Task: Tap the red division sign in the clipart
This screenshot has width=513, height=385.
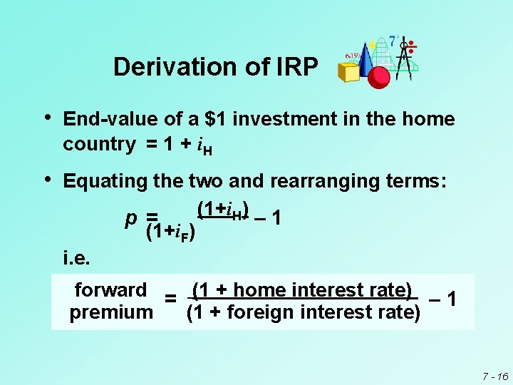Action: (412, 47)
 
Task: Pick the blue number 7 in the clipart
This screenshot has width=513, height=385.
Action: (393, 41)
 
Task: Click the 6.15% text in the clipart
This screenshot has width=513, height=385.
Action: (354, 54)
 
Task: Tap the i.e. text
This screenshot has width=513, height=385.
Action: (76, 256)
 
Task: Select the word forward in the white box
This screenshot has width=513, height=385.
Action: (110, 289)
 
